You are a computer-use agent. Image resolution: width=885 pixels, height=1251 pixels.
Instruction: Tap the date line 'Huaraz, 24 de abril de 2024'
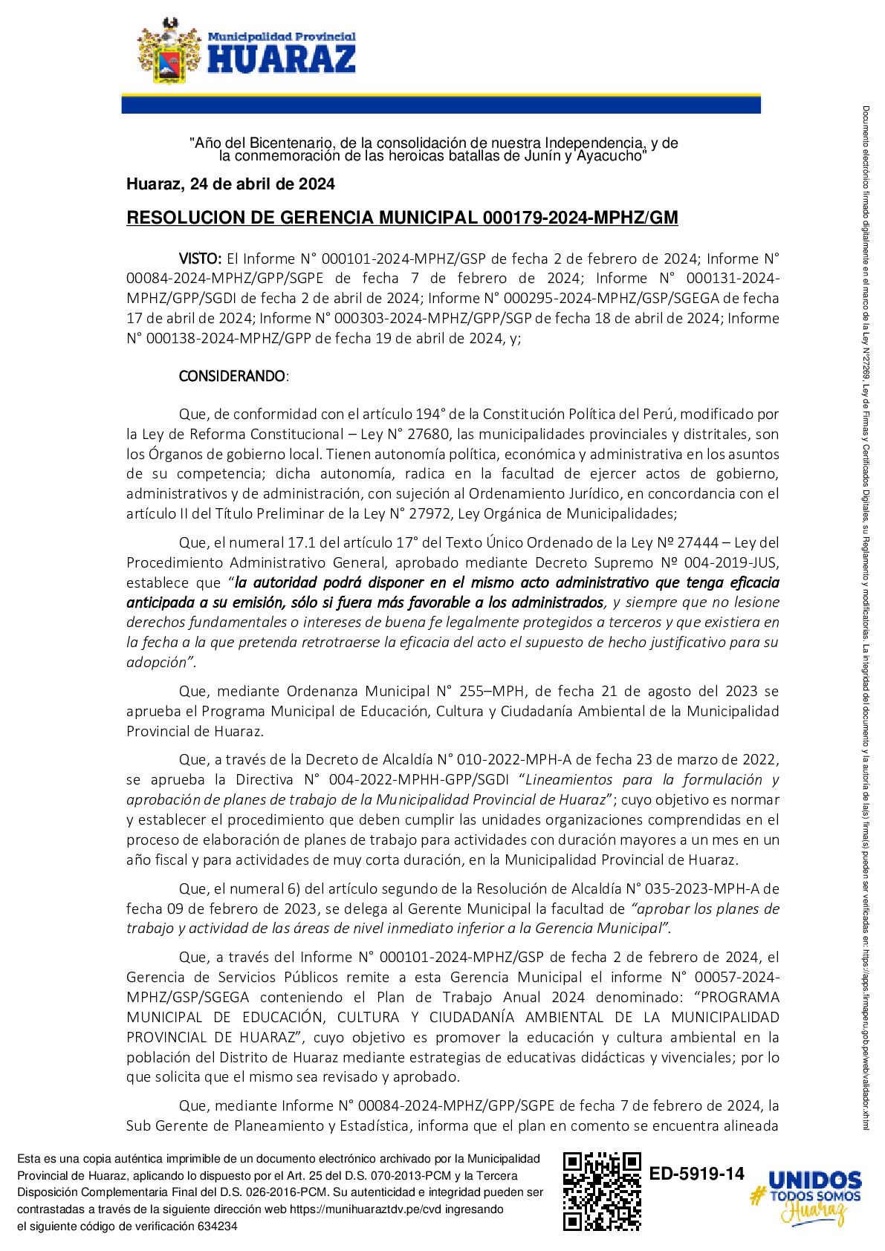[x=230, y=184]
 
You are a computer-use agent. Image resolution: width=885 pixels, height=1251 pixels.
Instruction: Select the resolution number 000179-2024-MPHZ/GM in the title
[x=580, y=218]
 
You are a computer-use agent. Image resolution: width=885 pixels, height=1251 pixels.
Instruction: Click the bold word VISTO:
[x=200, y=259]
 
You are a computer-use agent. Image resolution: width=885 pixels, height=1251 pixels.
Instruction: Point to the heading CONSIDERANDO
[x=232, y=376]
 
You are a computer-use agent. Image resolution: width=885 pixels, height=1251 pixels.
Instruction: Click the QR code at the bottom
[x=602, y=1191]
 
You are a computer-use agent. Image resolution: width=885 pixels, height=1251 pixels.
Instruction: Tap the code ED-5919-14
[x=696, y=1174]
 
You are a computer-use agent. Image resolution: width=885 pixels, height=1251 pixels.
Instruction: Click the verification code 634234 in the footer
[x=217, y=1226]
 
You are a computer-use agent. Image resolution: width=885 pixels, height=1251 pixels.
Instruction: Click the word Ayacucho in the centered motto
[x=609, y=156]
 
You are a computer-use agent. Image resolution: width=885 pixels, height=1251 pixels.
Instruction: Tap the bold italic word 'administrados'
[x=557, y=602]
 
